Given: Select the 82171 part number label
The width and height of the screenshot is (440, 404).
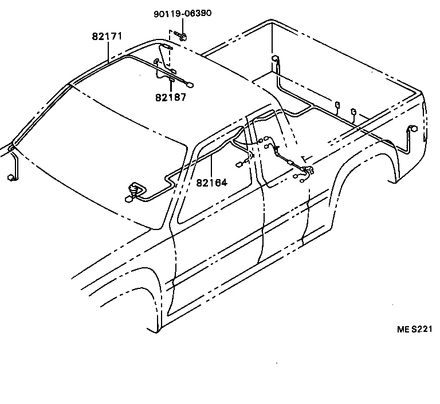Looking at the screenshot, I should [107, 36].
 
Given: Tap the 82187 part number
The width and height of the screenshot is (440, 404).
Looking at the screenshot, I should [170, 97].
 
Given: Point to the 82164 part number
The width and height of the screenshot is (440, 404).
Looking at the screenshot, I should [211, 183].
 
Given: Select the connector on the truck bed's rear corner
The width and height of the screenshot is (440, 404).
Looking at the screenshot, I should [411, 131].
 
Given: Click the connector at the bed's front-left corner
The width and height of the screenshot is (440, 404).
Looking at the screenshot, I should [275, 59].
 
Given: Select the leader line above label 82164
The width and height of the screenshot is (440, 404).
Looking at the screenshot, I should [211, 166].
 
